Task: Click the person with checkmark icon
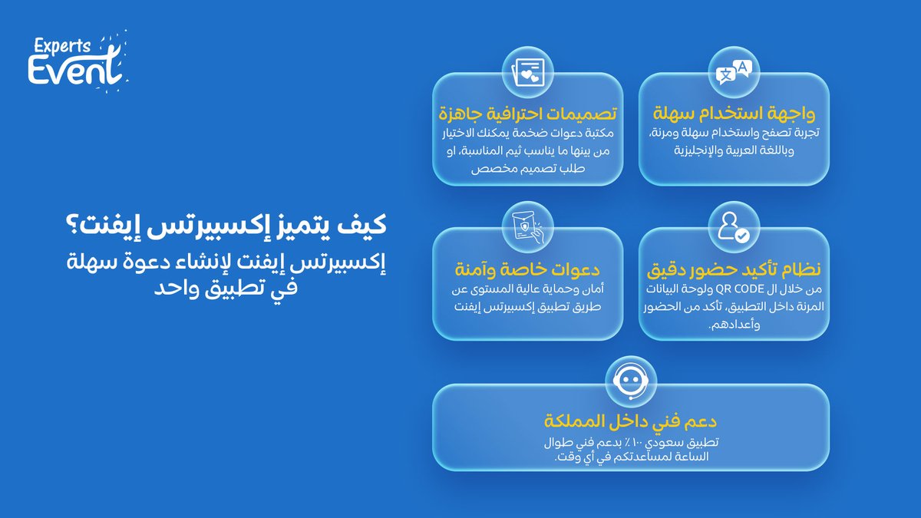coord(733,227)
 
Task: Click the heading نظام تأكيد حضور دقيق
coord(733,269)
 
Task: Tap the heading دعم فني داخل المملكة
coord(630,423)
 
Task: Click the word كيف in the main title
coord(367,227)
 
